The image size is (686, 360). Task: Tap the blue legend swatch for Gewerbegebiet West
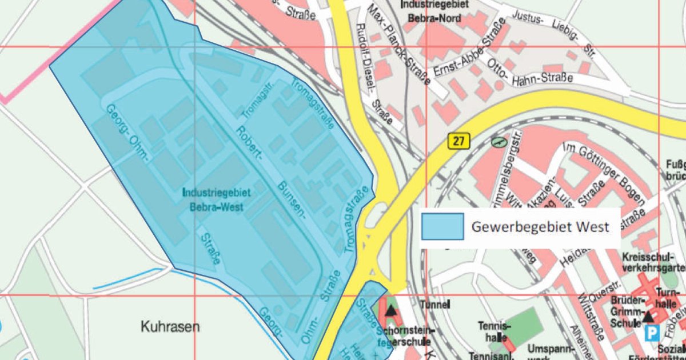click(442, 226)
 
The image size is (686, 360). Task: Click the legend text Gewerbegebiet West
click(540, 227)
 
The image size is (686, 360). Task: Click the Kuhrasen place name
click(170, 327)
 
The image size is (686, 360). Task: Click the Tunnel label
click(435, 304)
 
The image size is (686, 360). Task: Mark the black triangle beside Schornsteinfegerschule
click(390, 311)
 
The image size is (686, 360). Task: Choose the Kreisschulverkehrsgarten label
click(652, 263)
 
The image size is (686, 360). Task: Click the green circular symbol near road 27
click(499, 141)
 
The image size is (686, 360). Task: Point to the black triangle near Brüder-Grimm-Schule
click(648, 315)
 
